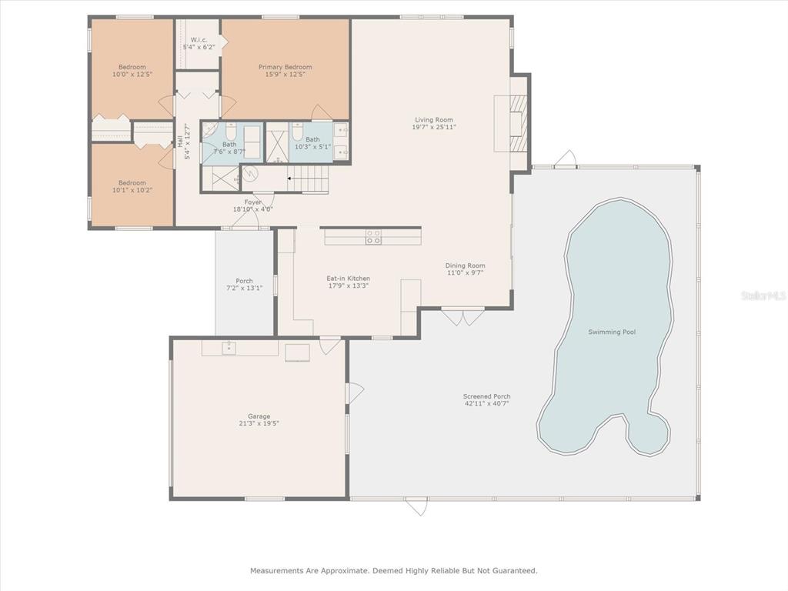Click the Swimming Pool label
[x=612, y=332]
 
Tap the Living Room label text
[x=434, y=119]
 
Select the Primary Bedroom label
[x=285, y=67]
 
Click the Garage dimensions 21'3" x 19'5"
[x=259, y=423]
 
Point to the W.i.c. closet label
[x=199, y=40]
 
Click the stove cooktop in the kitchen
[x=373, y=237]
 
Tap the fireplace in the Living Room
[x=518, y=123]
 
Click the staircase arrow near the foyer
[x=290, y=178]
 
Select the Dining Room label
[x=465, y=265]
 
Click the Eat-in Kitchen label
[x=349, y=278]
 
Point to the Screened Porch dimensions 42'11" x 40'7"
[x=486, y=403]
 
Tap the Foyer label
[x=252, y=202]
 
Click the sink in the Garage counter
[x=229, y=347]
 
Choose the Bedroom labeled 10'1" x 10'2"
[x=132, y=186]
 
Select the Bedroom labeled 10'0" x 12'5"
[x=132, y=70]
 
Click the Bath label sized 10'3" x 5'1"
[x=312, y=142]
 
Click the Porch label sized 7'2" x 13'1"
[x=244, y=285]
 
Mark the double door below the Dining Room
[x=462, y=316]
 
